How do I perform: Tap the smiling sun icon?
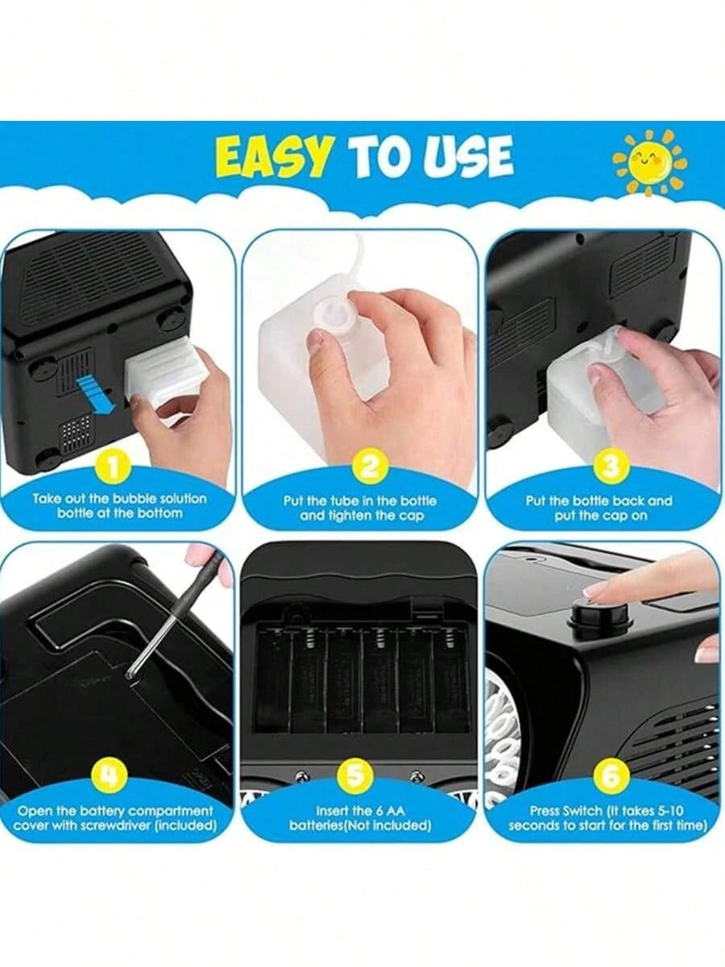coord(650,163)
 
